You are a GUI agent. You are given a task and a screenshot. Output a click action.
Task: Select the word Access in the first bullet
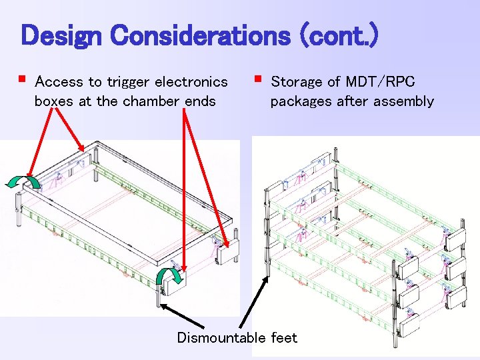point(59,82)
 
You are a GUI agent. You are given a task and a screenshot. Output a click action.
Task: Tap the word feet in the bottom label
point(284,338)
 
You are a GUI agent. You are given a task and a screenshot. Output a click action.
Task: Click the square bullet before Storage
point(257,79)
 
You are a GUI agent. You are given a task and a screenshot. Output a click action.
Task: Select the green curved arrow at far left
point(23,182)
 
